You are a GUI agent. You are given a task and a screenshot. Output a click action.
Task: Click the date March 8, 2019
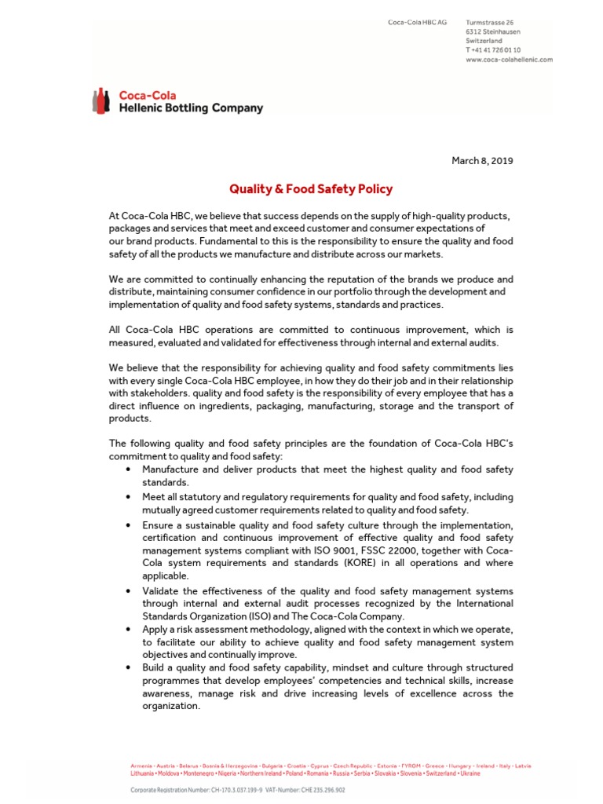tap(482, 161)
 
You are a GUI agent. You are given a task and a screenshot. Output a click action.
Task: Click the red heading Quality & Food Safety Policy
tap(311, 189)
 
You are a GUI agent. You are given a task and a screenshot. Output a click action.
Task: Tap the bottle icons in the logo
tap(101, 101)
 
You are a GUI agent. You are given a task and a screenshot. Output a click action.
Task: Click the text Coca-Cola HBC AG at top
tap(418, 22)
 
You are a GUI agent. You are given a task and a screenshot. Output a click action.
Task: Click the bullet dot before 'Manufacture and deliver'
tap(128, 470)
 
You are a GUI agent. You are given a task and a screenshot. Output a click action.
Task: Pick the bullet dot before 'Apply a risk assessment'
tap(128, 629)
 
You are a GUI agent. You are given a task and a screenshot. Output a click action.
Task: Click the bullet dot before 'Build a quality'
tap(128, 667)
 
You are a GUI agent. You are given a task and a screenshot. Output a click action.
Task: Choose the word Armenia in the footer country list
tap(142, 766)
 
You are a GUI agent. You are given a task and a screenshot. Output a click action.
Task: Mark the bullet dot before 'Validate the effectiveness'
tap(128, 590)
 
